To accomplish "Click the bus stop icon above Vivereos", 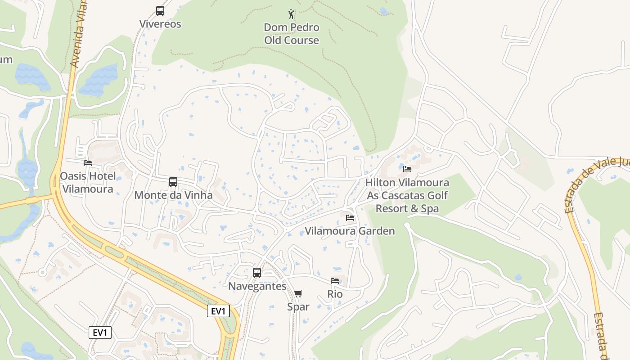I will pos(160,11).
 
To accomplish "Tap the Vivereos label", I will pos(160,24).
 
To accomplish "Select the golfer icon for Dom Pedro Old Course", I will pos(292,14).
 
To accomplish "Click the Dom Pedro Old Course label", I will pos(292,34).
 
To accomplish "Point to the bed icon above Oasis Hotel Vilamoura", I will pos(88,162).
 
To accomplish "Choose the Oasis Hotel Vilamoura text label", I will pos(88,182).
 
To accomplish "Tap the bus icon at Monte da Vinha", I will pos(173,182).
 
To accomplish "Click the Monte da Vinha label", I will pos(173,195).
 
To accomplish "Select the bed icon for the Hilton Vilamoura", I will pos(407,169).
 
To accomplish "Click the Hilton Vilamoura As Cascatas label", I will pos(407,195).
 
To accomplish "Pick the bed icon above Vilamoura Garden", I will pos(350,218).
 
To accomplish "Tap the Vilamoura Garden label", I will pos(350,231).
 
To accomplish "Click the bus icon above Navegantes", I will pos(257,272).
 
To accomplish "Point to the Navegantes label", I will pos(257,286).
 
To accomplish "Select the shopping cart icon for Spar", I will pos(298,294).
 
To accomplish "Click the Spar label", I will pos(298,307).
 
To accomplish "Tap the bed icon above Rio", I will pos(335,280).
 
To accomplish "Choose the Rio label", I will pos(335,294).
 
